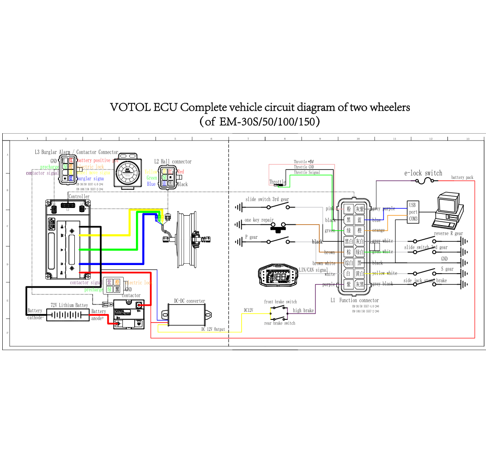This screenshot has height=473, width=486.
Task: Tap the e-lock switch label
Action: coord(423,173)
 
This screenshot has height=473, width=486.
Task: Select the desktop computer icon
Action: coord(448,209)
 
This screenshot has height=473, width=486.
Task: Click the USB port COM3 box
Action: coord(413,212)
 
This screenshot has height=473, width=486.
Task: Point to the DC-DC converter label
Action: coord(190,301)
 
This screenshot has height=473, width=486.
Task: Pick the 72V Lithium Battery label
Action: coord(69,305)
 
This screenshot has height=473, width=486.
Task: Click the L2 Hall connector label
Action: coord(173,161)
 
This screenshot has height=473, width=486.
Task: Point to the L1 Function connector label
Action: coord(355,300)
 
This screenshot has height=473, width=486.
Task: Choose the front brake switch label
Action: coord(280,302)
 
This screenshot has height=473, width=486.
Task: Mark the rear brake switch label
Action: coord(280,323)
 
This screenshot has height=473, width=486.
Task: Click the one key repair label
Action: coord(259,220)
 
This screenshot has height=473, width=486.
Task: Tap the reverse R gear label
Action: coord(448,234)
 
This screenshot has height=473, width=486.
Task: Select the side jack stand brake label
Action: coord(425,281)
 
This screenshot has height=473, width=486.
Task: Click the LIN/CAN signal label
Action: coord(313,270)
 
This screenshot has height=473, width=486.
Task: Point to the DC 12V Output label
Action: coord(213,329)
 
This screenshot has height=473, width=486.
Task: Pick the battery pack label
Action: coord(462,178)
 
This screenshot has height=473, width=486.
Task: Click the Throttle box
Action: coord(277,182)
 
